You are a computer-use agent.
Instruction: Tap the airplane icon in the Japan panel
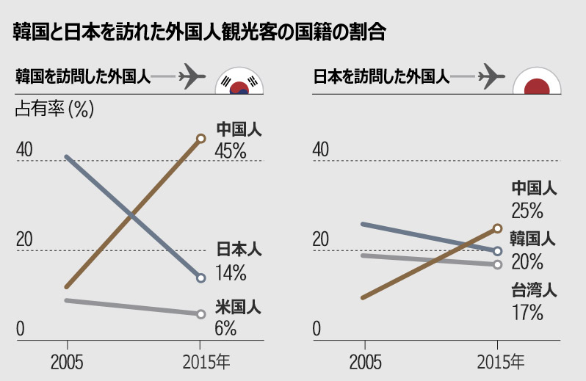[x=491, y=76]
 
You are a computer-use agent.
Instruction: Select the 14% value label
[x=231, y=273]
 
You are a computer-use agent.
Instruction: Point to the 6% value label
[x=225, y=328]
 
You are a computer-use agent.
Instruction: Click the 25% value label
[x=527, y=211]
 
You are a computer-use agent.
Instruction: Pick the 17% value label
[x=527, y=312]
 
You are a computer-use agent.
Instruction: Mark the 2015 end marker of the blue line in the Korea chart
[x=200, y=277]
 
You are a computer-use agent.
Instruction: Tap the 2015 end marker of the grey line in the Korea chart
[x=200, y=314]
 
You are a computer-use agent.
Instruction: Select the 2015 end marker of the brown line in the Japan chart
[x=498, y=228]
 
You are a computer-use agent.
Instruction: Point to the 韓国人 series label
[x=535, y=239]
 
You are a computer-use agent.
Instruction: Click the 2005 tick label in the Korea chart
[x=67, y=363]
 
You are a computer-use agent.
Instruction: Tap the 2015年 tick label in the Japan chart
[x=501, y=362]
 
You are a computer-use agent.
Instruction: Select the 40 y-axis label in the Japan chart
[x=321, y=150]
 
